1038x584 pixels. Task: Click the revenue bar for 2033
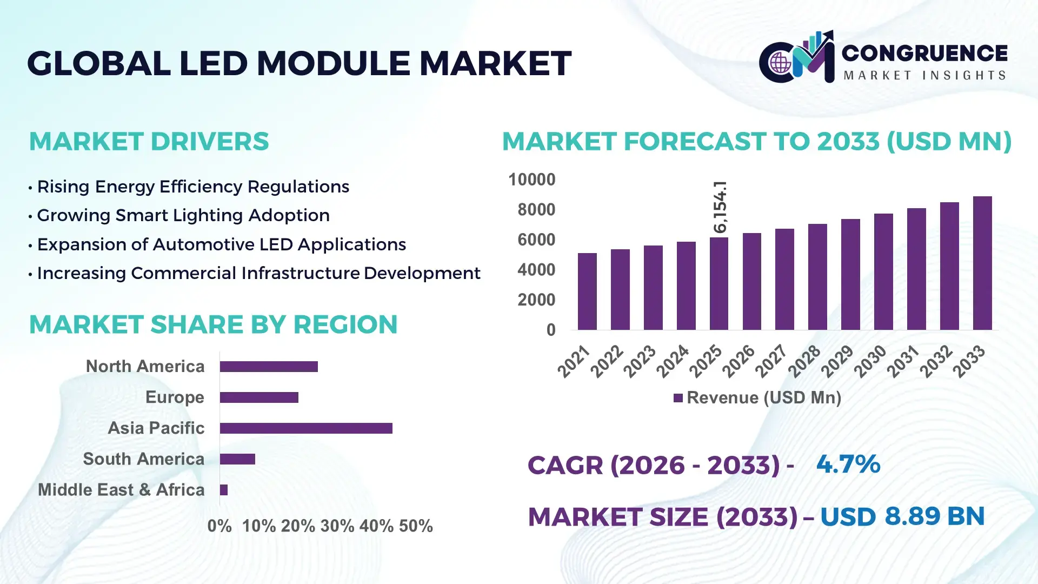(x=982, y=263)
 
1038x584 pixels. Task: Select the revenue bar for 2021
(x=587, y=291)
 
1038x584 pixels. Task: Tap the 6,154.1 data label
(x=720, y=207)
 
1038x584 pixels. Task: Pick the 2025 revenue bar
(x=719, y=284)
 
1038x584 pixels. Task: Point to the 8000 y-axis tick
(x=536, y=210)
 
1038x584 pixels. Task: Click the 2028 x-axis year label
(x=804, y=361)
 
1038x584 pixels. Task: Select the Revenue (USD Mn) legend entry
(x=757, y=398)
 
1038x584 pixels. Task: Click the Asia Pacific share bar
(x=306, y=428)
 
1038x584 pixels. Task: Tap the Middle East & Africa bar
(x=224, y=490)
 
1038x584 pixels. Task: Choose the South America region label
(x=144, y=459)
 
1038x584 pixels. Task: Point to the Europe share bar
(x=259, y=397)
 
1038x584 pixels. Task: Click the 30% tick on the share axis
(x=337, y=526)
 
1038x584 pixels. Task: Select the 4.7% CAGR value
(x=848, y=464)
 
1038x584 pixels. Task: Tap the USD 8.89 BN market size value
(x=902, y=516)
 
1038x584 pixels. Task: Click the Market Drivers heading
(x=149, y=142)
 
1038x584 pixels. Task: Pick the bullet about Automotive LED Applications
(x=221, y=244)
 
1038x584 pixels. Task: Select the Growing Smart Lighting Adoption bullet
(x=183, y=215)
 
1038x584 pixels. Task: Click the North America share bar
(x=269, y=367)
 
